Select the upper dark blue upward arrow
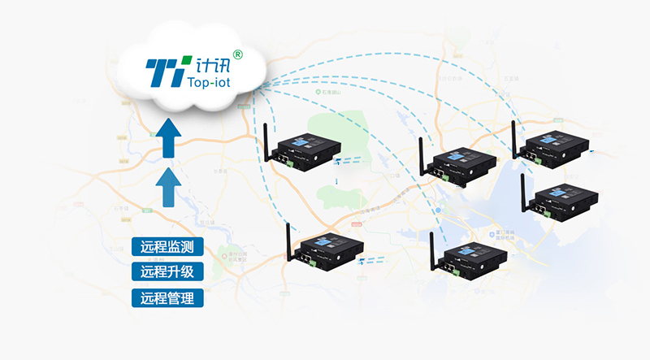pos(168,138)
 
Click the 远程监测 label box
pos(167,247)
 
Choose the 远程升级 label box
pos(167,271)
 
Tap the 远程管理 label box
pos(167,297)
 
